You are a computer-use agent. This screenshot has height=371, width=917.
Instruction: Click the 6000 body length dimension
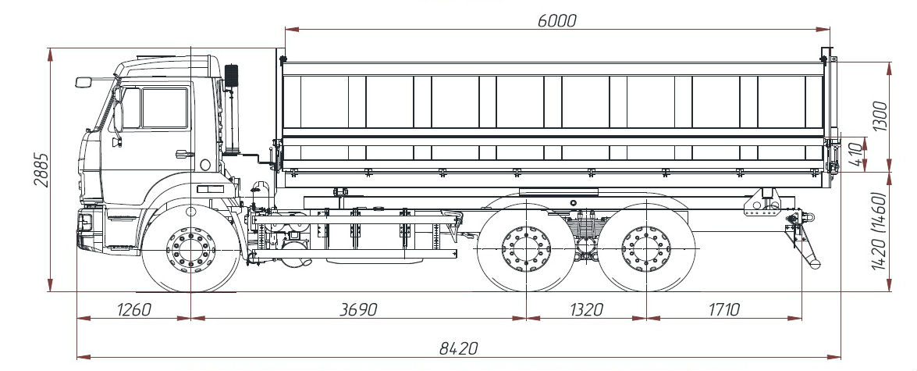click(556, 21)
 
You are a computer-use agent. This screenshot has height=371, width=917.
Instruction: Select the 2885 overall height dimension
click(41, 169)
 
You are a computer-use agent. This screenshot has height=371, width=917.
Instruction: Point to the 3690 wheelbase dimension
click(358, 309)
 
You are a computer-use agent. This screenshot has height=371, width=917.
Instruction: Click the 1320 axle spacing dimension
click(585, 309)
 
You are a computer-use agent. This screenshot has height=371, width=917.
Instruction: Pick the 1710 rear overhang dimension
click(724, 309)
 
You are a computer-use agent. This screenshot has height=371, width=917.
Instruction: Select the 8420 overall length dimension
click(459, 348)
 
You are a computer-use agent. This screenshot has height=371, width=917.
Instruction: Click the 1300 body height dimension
click(880, 116)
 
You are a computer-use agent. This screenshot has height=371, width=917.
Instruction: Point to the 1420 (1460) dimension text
click(879, 230)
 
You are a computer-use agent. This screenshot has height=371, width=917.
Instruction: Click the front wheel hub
click(190, 250)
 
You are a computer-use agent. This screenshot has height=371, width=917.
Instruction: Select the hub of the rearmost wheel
click(646, 249)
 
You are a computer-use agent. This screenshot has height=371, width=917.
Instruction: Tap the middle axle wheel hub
click(526, 249)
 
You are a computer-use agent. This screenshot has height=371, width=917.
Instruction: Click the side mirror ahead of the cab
click(83, 82)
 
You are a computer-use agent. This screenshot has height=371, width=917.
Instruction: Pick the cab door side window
click(165, 108)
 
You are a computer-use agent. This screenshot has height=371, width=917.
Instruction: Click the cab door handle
click(184, 154)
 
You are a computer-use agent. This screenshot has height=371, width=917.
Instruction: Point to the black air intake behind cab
click(232, 76)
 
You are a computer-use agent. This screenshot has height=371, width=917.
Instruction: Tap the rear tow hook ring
click(808, 218)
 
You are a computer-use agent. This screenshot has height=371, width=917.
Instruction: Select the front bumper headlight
click(85, 223)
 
